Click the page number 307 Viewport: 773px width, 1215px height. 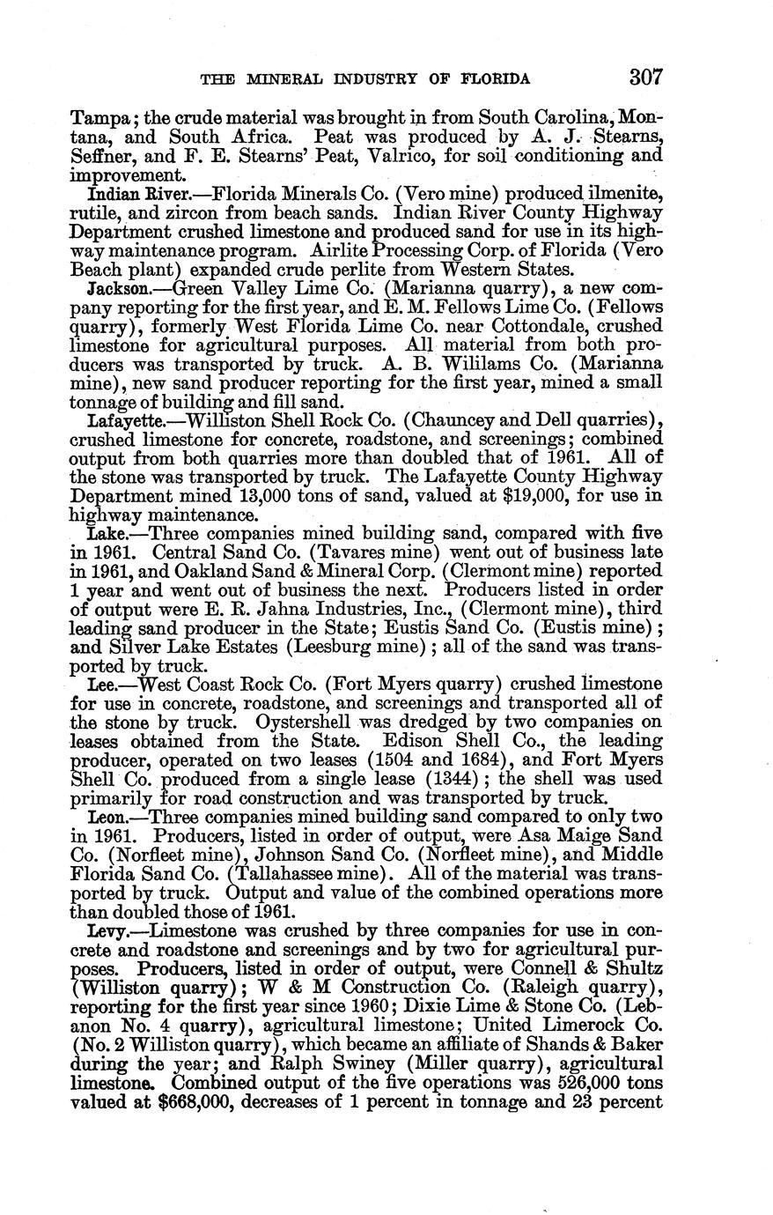[x=646, y=77]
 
